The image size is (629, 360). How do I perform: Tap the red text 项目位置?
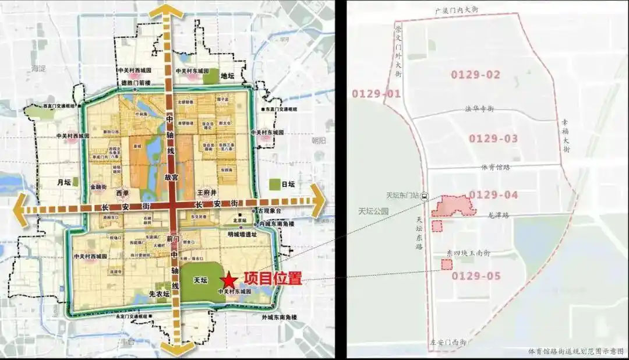click(x=272, y=278)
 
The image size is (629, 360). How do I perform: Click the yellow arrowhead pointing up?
click(x=167, y=10)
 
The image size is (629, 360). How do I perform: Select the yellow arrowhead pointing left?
click(x=19, y=206)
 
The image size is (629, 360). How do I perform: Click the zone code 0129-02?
click(x=476, y=75)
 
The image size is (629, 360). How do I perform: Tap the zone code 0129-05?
click(x=476, y=276)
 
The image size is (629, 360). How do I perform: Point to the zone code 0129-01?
click(x=376, y=94)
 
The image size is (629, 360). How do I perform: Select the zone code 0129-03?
click(x=493, y=139)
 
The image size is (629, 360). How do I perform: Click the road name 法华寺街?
click(x=479, y=109)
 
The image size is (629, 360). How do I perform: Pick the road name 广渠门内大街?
click(x=460, y=11)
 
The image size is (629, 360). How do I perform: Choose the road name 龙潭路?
click(x=497, y=215)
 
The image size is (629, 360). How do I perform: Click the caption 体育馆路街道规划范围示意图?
click(x=575, y=351)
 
